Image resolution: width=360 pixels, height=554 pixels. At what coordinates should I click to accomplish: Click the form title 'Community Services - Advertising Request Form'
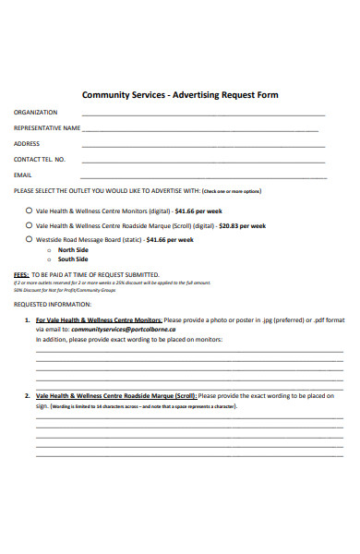(x=180, y=95)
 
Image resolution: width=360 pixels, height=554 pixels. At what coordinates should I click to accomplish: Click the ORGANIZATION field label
(x=35, y=113)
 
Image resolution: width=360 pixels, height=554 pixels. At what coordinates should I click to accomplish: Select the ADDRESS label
(x=27, y=144)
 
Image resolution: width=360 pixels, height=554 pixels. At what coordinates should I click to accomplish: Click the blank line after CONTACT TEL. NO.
(x=203, y=161)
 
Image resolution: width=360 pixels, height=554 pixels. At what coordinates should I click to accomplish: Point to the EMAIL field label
(x=23, y=175)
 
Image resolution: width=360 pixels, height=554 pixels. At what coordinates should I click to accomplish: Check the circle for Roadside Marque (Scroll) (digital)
(x=29, y=225)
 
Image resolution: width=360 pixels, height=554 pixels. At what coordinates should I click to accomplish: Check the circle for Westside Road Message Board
(x=29, y=239)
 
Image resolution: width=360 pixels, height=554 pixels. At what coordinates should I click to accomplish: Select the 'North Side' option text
(x=73, y=250)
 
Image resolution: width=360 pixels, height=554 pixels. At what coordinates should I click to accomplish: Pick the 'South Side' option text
(x=73, y=259)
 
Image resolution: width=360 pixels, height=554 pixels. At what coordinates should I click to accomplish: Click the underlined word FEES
(x=20, y=274)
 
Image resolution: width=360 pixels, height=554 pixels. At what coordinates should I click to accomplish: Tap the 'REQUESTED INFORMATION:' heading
(x=53, y=303)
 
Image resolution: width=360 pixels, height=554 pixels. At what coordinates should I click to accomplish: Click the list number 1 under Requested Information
(x=26, y=319)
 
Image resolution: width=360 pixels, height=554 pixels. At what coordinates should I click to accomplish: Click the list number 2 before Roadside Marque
(x=26, y=395)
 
